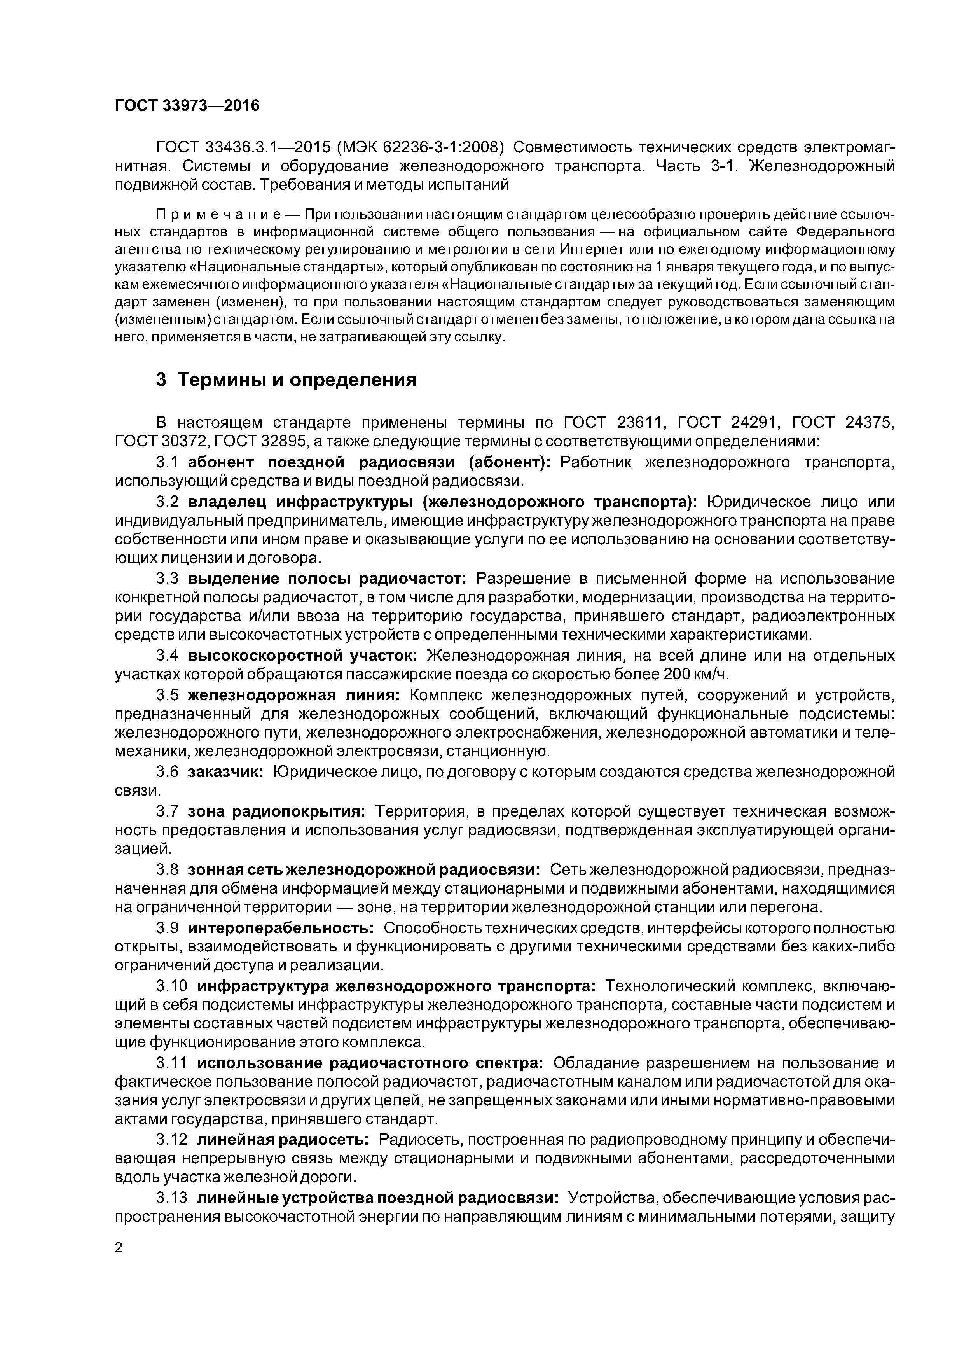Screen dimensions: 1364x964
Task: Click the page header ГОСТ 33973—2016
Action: (187, 106)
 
